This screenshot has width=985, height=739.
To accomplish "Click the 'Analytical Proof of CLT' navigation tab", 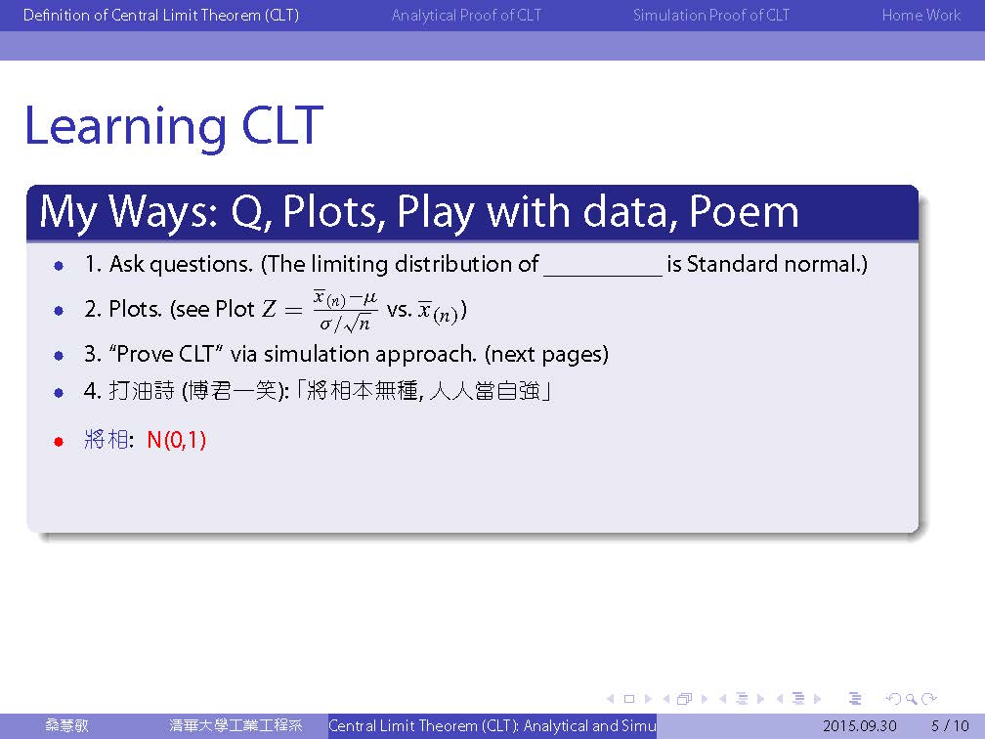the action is click(466, 15).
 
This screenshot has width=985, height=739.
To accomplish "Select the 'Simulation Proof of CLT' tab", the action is click(711, 15).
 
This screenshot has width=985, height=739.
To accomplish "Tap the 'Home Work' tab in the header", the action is click(921, 15).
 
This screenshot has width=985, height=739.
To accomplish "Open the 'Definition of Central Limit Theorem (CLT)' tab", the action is click(161, 15).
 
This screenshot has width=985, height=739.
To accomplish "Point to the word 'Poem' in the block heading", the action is click(744, 211).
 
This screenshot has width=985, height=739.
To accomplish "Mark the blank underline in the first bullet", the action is click(603, 276).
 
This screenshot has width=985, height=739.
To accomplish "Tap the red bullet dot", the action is click(59, 442).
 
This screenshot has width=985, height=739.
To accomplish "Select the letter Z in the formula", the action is click(269, 309).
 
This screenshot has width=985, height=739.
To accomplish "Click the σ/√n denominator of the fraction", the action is click(345, 324).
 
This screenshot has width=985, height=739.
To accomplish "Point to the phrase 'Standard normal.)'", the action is click(777, 264).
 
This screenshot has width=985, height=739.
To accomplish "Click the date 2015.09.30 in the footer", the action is click(859, 725).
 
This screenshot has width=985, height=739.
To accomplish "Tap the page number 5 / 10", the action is click(950, 725).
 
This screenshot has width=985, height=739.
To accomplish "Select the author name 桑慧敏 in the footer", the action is click(66, 725).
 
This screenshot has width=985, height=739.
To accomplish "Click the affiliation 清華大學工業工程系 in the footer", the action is click(236, 725).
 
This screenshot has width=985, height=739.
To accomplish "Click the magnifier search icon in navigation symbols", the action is click(911, 699).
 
